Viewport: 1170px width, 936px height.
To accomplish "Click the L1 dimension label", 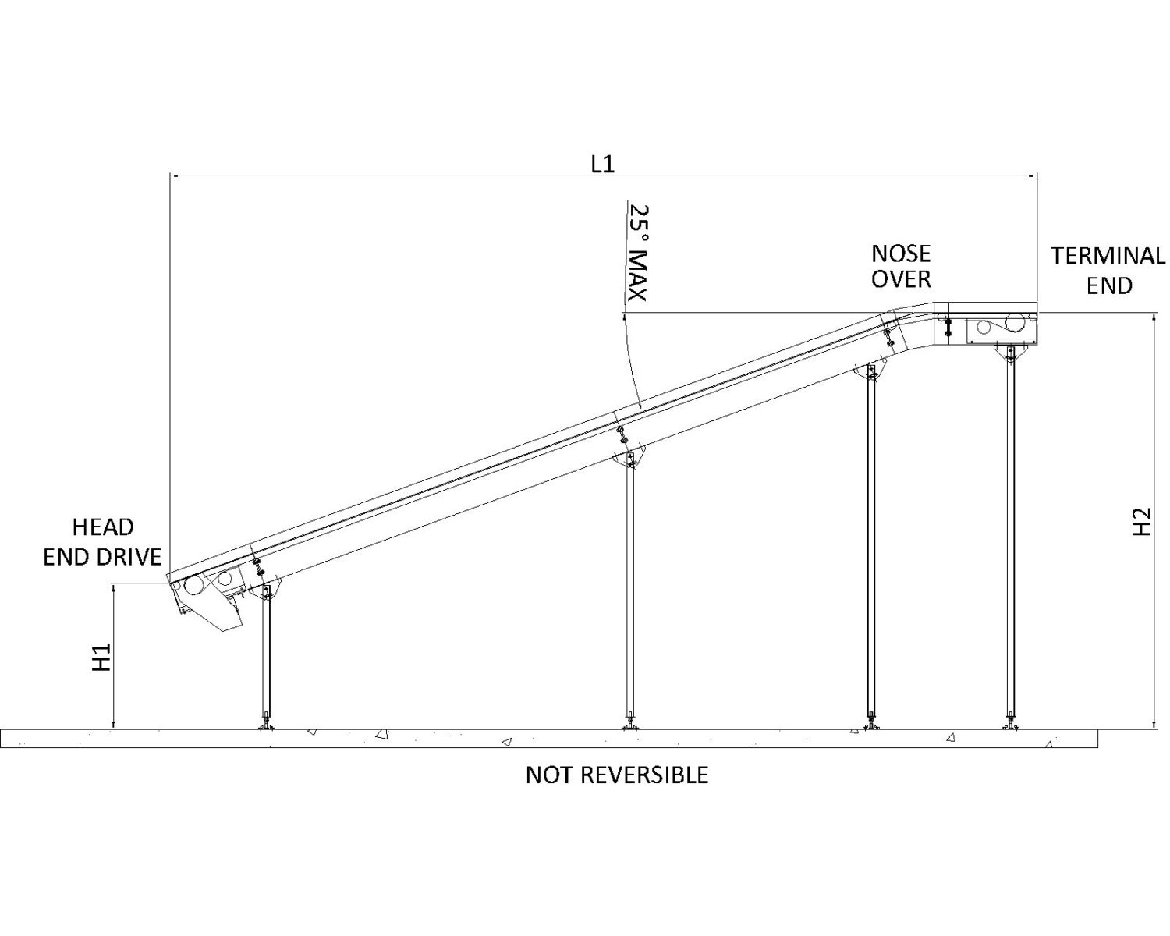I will [x=602, y=164].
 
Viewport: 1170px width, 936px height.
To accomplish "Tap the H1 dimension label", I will [x=102, y=658].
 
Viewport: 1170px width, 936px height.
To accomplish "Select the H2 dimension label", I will [x=1141, y=522].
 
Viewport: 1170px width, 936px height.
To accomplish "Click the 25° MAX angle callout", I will [x=639, y=253].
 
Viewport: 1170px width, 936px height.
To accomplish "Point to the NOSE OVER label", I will [x=901, y=266].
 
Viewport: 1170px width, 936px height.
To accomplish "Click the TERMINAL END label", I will [x=1108, y=270].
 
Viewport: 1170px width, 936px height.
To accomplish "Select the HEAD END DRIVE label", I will [x=102, y=541].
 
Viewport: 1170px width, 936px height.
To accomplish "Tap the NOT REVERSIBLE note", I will [x=616, y=775].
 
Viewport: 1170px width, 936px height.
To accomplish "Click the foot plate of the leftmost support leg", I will [x=268, y=727].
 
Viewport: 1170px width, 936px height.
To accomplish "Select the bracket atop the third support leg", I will [x=870, y=371].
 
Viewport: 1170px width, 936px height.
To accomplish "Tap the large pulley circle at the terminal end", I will [x=1015, y=322].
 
